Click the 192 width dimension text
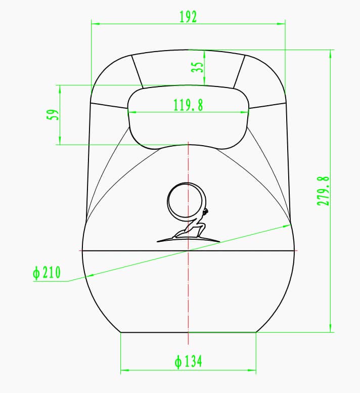188,17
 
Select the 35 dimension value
199,67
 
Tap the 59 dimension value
51,115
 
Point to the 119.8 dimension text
188,105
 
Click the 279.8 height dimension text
323,191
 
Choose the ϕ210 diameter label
47,273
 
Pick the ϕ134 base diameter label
188,362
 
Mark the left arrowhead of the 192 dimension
95,23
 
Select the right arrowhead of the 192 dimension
282,23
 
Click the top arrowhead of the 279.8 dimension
331,53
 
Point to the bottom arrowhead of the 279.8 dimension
331,329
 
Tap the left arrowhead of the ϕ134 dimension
124,370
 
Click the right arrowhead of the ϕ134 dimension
252,370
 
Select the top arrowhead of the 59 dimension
60,89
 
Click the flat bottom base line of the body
188,332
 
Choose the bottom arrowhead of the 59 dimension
60,141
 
